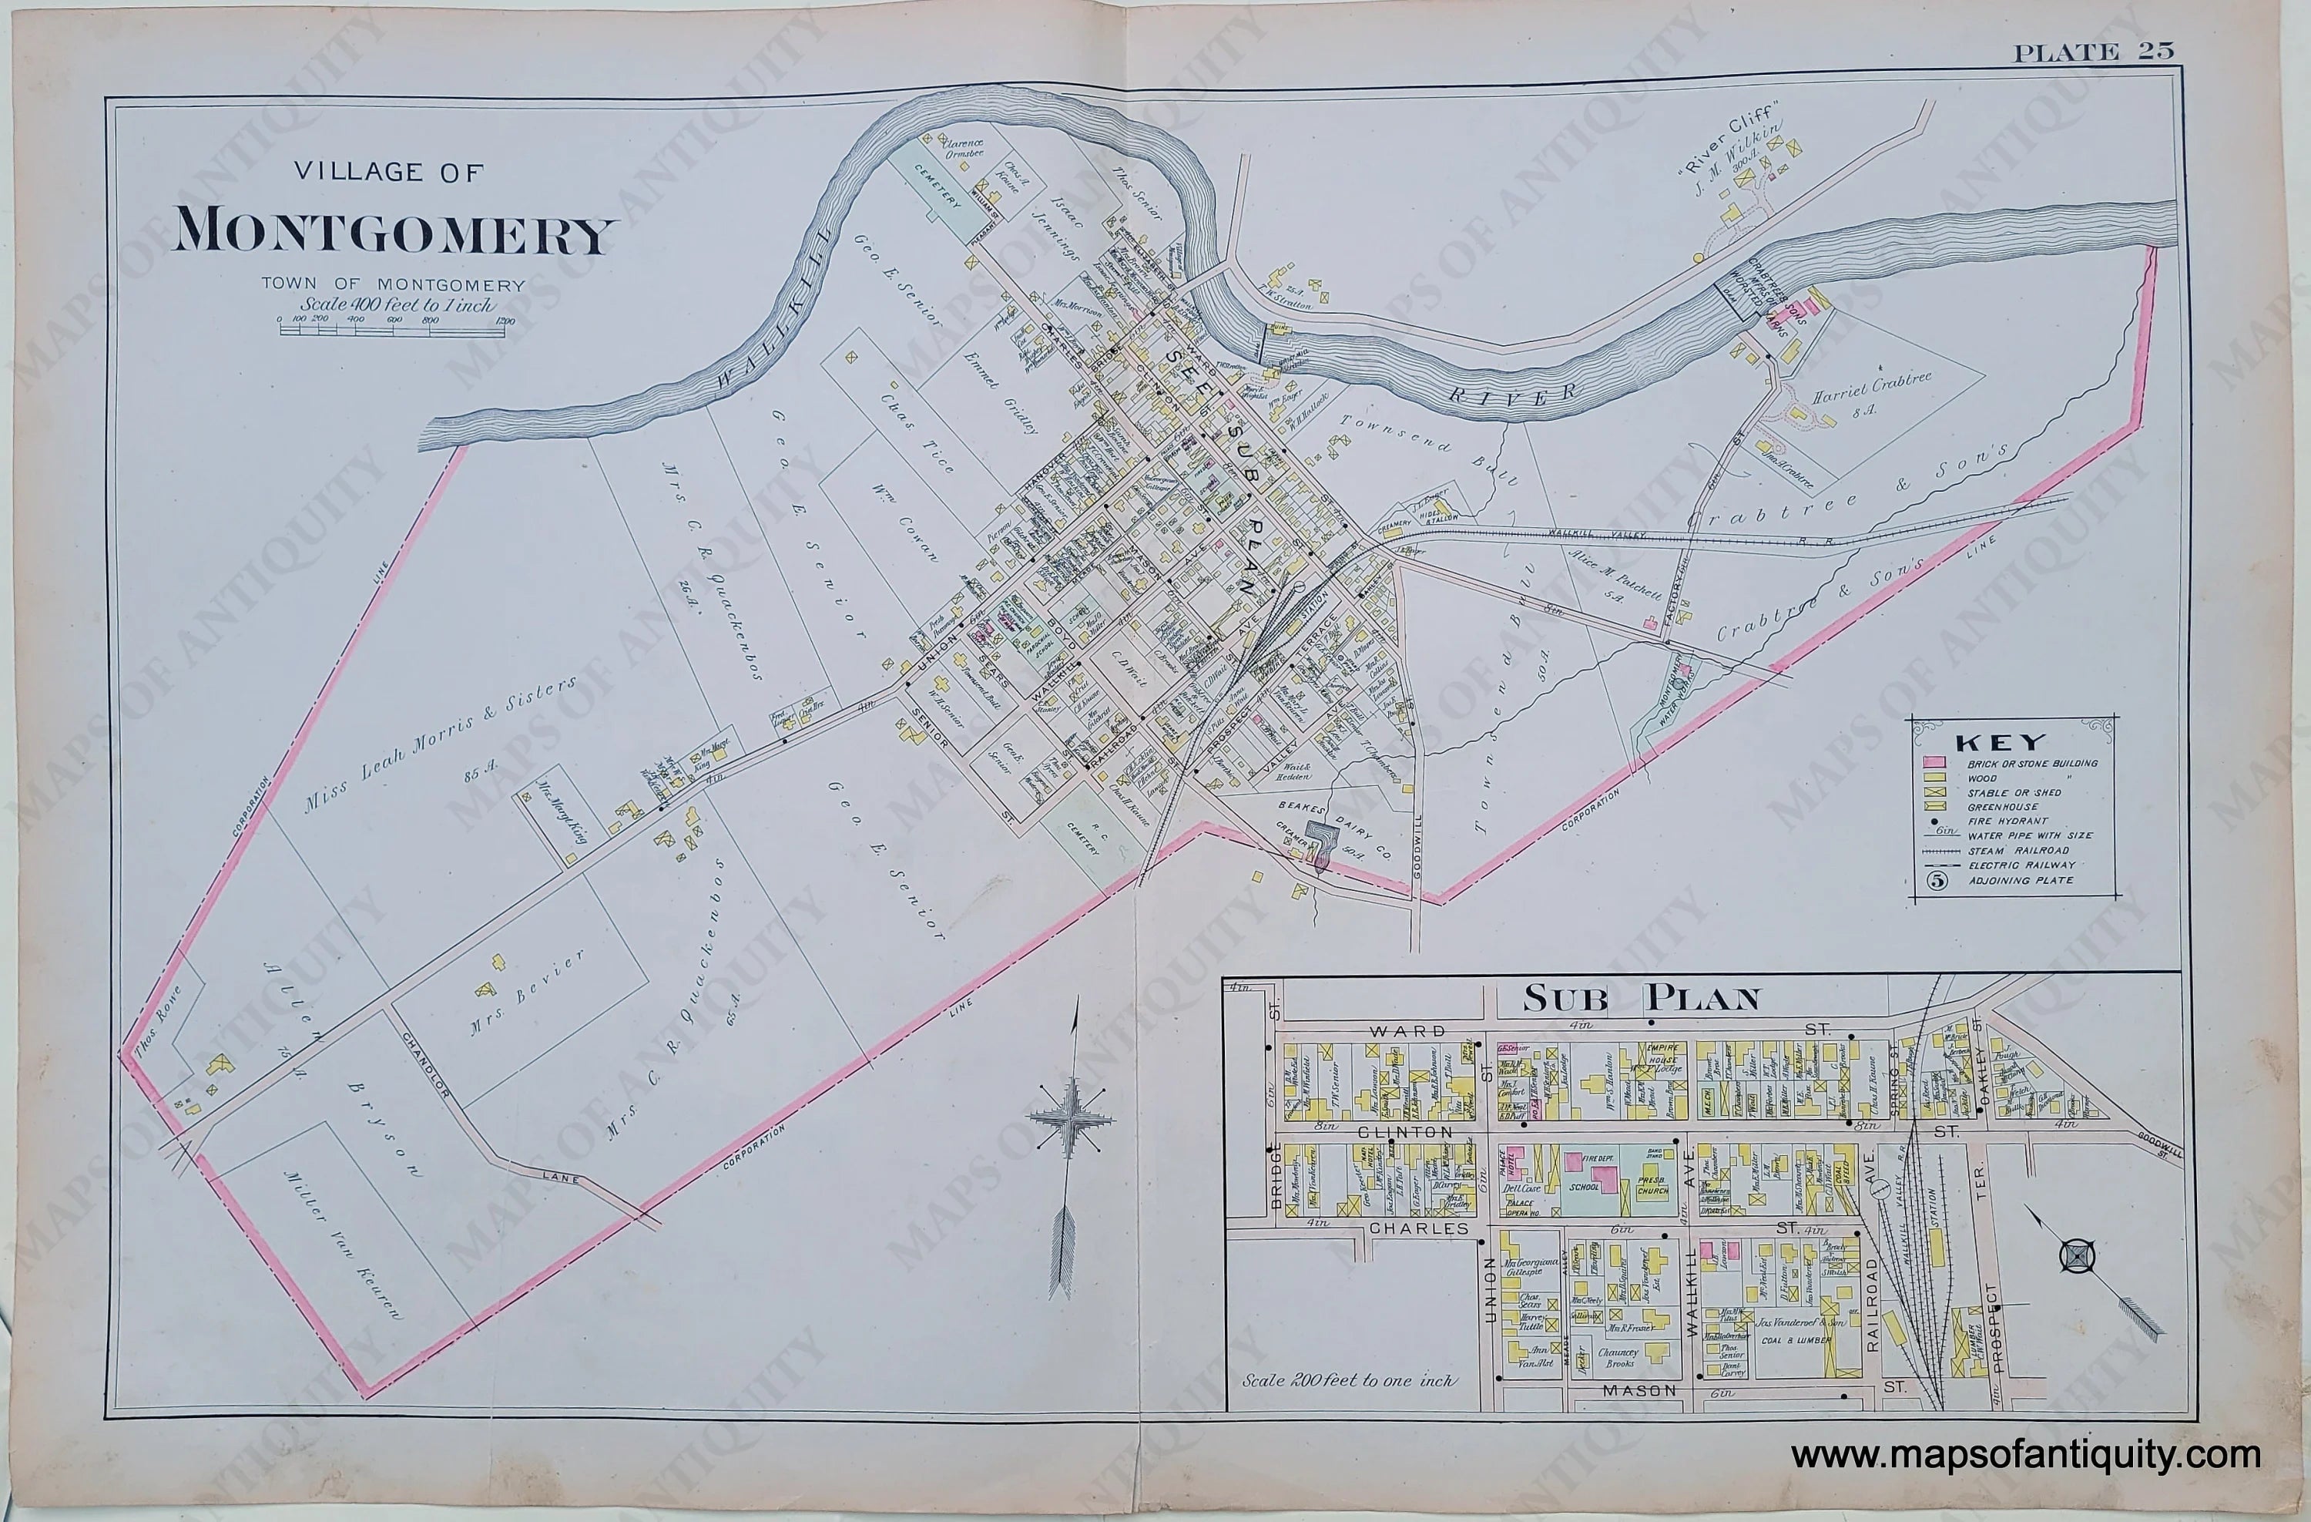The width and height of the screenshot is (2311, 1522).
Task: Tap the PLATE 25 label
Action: (2092, 52)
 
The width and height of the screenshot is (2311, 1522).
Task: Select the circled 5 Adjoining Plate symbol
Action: (1936, 881)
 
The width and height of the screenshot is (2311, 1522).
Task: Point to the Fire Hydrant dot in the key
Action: (1935, 821)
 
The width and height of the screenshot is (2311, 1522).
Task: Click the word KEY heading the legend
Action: (1987, 743)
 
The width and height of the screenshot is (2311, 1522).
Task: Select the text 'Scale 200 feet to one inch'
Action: (1348, 1379)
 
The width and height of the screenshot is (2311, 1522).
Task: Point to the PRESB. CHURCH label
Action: (1652, 1187)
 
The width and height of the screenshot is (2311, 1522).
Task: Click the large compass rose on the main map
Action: (1071, 1119)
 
